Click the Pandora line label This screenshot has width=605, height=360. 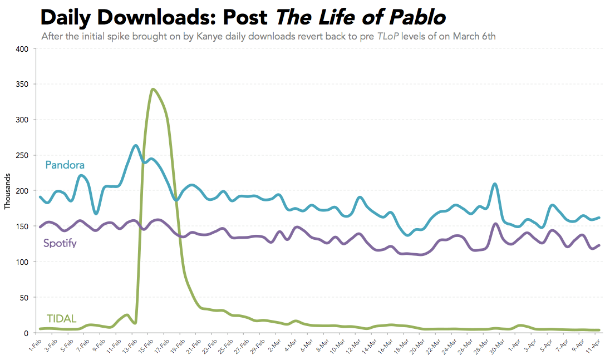65,165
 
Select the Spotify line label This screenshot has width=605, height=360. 60,243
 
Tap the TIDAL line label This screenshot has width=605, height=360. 61,319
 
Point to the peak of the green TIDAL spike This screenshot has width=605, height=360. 153,89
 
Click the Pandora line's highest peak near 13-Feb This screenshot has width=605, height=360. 136,145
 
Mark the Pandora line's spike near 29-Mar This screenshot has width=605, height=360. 494,184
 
